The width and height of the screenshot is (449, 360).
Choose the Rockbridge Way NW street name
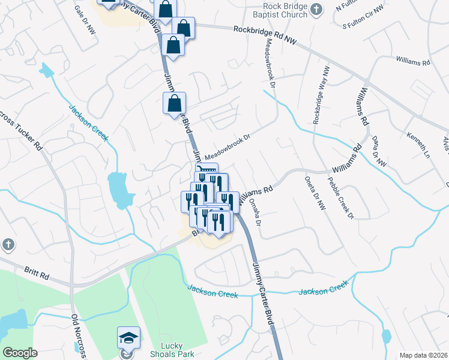(320, 95)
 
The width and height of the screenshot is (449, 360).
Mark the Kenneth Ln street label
(418, 142)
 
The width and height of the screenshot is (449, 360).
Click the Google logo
(20, 353)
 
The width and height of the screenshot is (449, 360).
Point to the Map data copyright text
(423, 355)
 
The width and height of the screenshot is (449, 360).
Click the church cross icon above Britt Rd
(7, 244)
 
